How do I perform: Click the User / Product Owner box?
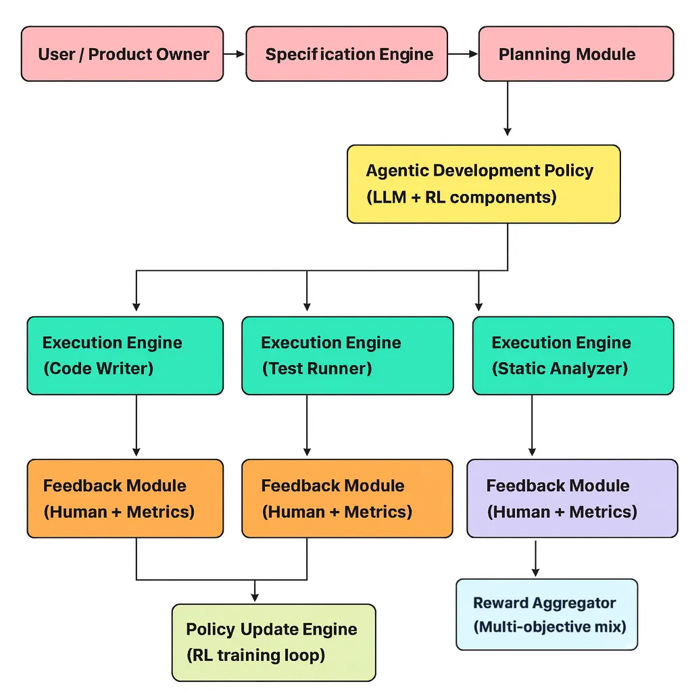(122, 54)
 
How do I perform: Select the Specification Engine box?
(346, 54)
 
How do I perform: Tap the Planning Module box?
(576, 54)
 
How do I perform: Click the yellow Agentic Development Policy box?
(483, 184)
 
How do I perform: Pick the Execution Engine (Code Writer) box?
(125, 355)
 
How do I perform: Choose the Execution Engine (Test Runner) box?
(347, 355)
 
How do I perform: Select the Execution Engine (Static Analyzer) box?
(573, 355)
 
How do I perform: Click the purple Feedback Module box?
(572, 499)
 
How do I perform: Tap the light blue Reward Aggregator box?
(546, 614)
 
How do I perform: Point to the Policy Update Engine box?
(273, 643)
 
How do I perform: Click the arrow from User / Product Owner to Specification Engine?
(234, 54)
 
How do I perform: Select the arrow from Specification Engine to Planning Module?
(463, 54)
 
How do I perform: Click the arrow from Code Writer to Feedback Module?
(137, 426)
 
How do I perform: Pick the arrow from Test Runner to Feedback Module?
(307, 426)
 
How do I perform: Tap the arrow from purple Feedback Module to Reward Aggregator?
(536, 558)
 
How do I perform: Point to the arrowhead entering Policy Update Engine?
(255, 597)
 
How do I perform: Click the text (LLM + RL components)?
(462, 197)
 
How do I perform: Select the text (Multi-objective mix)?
(550, 626)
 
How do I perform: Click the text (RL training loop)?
(255, 655)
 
